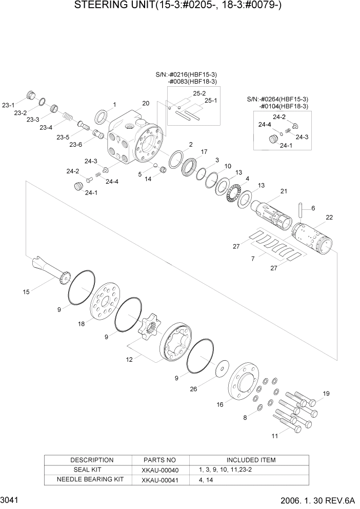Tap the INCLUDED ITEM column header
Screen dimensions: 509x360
[251, 460]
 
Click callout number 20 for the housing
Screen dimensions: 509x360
[146, 103]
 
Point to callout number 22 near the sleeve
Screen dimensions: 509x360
[329, 218]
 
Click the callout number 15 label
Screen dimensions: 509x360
[26, 292]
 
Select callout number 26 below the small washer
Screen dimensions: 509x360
[193, 389]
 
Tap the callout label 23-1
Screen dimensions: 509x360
[8, 105]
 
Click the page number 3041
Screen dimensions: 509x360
[9, 499]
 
